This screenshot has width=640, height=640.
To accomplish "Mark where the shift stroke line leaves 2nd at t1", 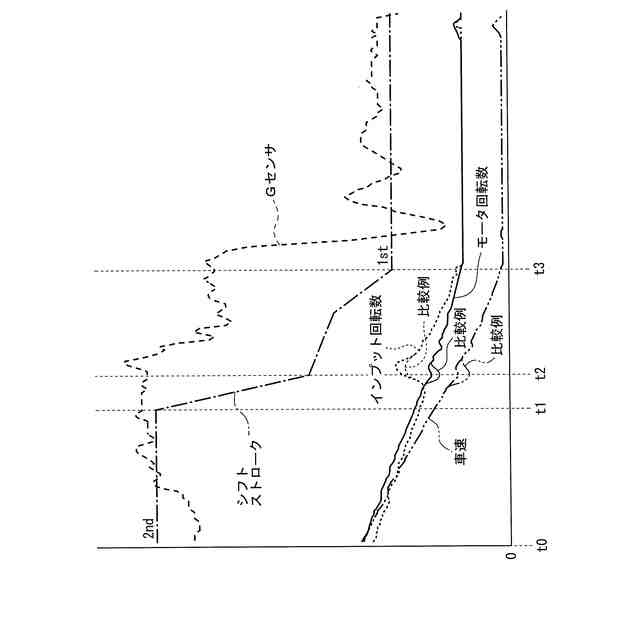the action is click(157, 409).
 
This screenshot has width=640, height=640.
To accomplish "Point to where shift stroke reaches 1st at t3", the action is click(390, 270).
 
